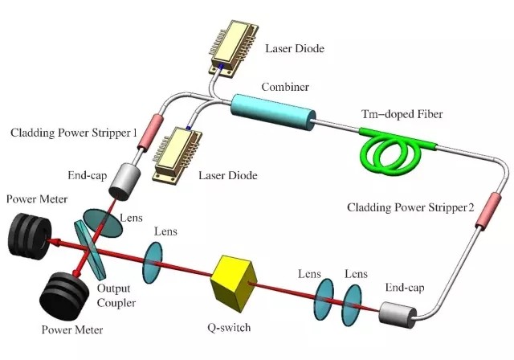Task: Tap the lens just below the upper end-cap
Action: [102, 223]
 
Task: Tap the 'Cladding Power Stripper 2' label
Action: [410, 207]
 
